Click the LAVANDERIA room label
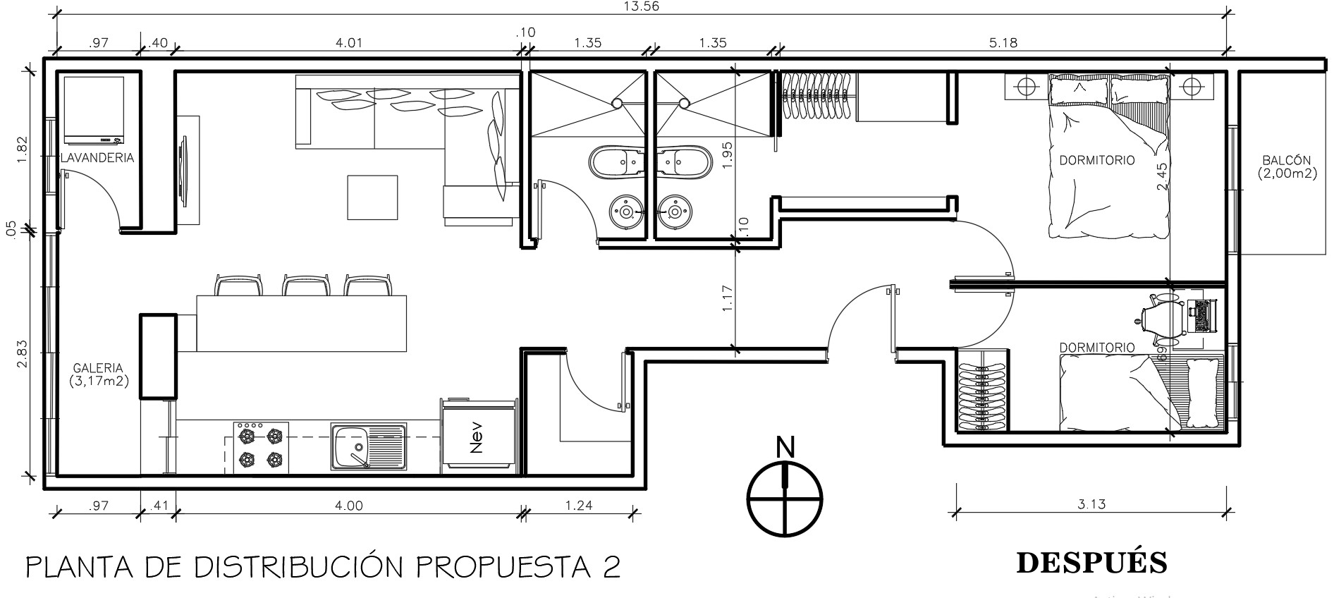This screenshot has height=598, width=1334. coord(97,158)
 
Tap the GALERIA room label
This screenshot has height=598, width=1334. coord(98,368)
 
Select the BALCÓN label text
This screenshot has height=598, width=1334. coord(1287,161)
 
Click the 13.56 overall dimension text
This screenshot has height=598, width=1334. coord(637,6)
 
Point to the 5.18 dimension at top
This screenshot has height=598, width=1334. coord(1003,43)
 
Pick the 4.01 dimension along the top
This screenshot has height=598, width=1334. coord(348,43)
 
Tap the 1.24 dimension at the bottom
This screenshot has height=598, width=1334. coord(579,505)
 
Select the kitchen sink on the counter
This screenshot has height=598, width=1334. coord(368,446)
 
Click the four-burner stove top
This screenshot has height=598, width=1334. coord(261,446)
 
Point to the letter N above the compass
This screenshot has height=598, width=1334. coord(785,447)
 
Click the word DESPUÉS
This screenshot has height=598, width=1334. coord(1091,562)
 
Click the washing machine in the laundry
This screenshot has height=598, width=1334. coord(94,109)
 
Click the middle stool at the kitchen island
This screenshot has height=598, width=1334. coord(305,285)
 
